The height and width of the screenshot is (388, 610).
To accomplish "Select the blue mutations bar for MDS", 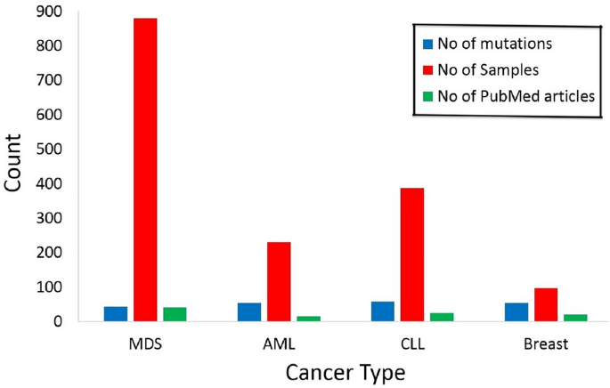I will tap(116, 313).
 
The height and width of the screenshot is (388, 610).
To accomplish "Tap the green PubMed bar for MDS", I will tap(175, 313).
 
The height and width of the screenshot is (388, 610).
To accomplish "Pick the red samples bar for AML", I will tap(279, 281).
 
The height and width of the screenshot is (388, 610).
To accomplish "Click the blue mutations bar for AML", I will tap(249, 311).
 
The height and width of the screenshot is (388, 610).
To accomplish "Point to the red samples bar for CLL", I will tap(412, 255).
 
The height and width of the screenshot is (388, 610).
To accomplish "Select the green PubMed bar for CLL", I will tap(442, 317).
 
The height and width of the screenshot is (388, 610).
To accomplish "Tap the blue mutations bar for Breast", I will tap(516, 311).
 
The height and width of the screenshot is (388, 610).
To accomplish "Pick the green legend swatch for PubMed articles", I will tap(427, 96).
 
